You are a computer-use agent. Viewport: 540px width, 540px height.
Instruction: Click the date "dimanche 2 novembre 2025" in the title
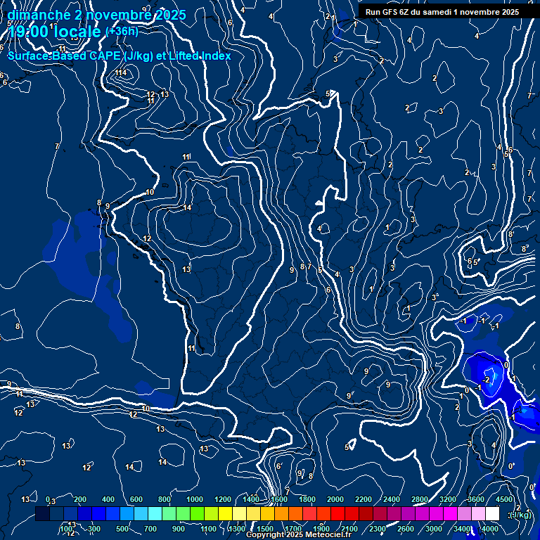coord(96,15)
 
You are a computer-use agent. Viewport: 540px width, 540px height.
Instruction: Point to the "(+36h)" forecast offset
coord(122,31)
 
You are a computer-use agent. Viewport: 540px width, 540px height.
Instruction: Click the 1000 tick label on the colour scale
coord(194,499)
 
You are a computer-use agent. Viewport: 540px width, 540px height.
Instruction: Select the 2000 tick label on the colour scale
coord(335,499)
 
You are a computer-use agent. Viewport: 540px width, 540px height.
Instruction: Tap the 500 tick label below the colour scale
coord(122,529)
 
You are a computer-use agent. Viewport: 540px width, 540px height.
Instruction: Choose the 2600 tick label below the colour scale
coord(405,529)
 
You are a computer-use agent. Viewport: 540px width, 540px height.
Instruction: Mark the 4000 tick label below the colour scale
coord(489,529)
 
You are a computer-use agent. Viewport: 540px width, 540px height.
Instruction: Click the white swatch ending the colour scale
coord(492,514)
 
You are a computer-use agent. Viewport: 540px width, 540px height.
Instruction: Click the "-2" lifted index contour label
coord(487,380)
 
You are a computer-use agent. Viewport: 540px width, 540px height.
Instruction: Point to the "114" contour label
coord(122,72)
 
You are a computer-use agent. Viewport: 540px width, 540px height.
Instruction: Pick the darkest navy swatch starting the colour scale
coord(42,514)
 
